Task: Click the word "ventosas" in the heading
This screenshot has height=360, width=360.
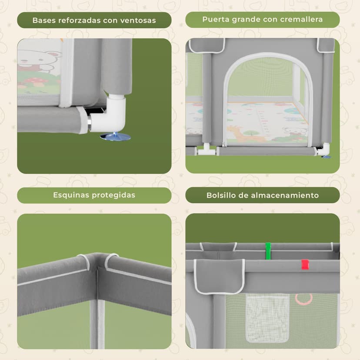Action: click(138, 20)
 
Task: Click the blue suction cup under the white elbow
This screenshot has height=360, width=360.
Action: click(116, 137)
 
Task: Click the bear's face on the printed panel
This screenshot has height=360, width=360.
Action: click(37, 59)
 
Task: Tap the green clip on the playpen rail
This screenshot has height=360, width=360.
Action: click(268, 251)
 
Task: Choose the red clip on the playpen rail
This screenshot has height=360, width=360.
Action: click(305, 265)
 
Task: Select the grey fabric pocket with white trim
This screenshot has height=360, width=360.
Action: click(219, 277)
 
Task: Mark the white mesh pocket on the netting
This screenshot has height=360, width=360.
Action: click(267, 318)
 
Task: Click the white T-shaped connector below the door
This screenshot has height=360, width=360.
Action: click(207, 150)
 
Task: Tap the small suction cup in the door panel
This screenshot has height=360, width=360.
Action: click(326, 157)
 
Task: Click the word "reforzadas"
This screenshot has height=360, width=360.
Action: click(79, 20)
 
